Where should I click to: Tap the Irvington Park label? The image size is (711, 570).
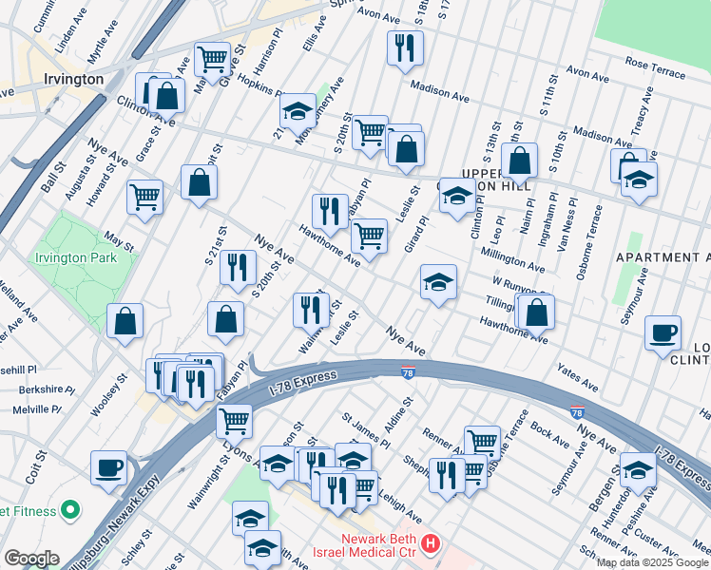tap(75, 257)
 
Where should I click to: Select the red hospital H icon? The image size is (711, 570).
tap(431, 544)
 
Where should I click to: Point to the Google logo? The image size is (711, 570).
tap(30, 559)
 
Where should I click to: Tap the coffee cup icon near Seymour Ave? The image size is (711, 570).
tap(663, 334)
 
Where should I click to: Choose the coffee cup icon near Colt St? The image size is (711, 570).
tap(109, 468)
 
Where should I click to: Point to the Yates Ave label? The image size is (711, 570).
tap(577, 379)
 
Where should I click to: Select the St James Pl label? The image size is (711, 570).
tap(366, 428)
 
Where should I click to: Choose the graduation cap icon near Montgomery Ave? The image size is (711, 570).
tap(298, 112)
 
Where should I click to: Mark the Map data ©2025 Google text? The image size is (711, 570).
tap(651, 562)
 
